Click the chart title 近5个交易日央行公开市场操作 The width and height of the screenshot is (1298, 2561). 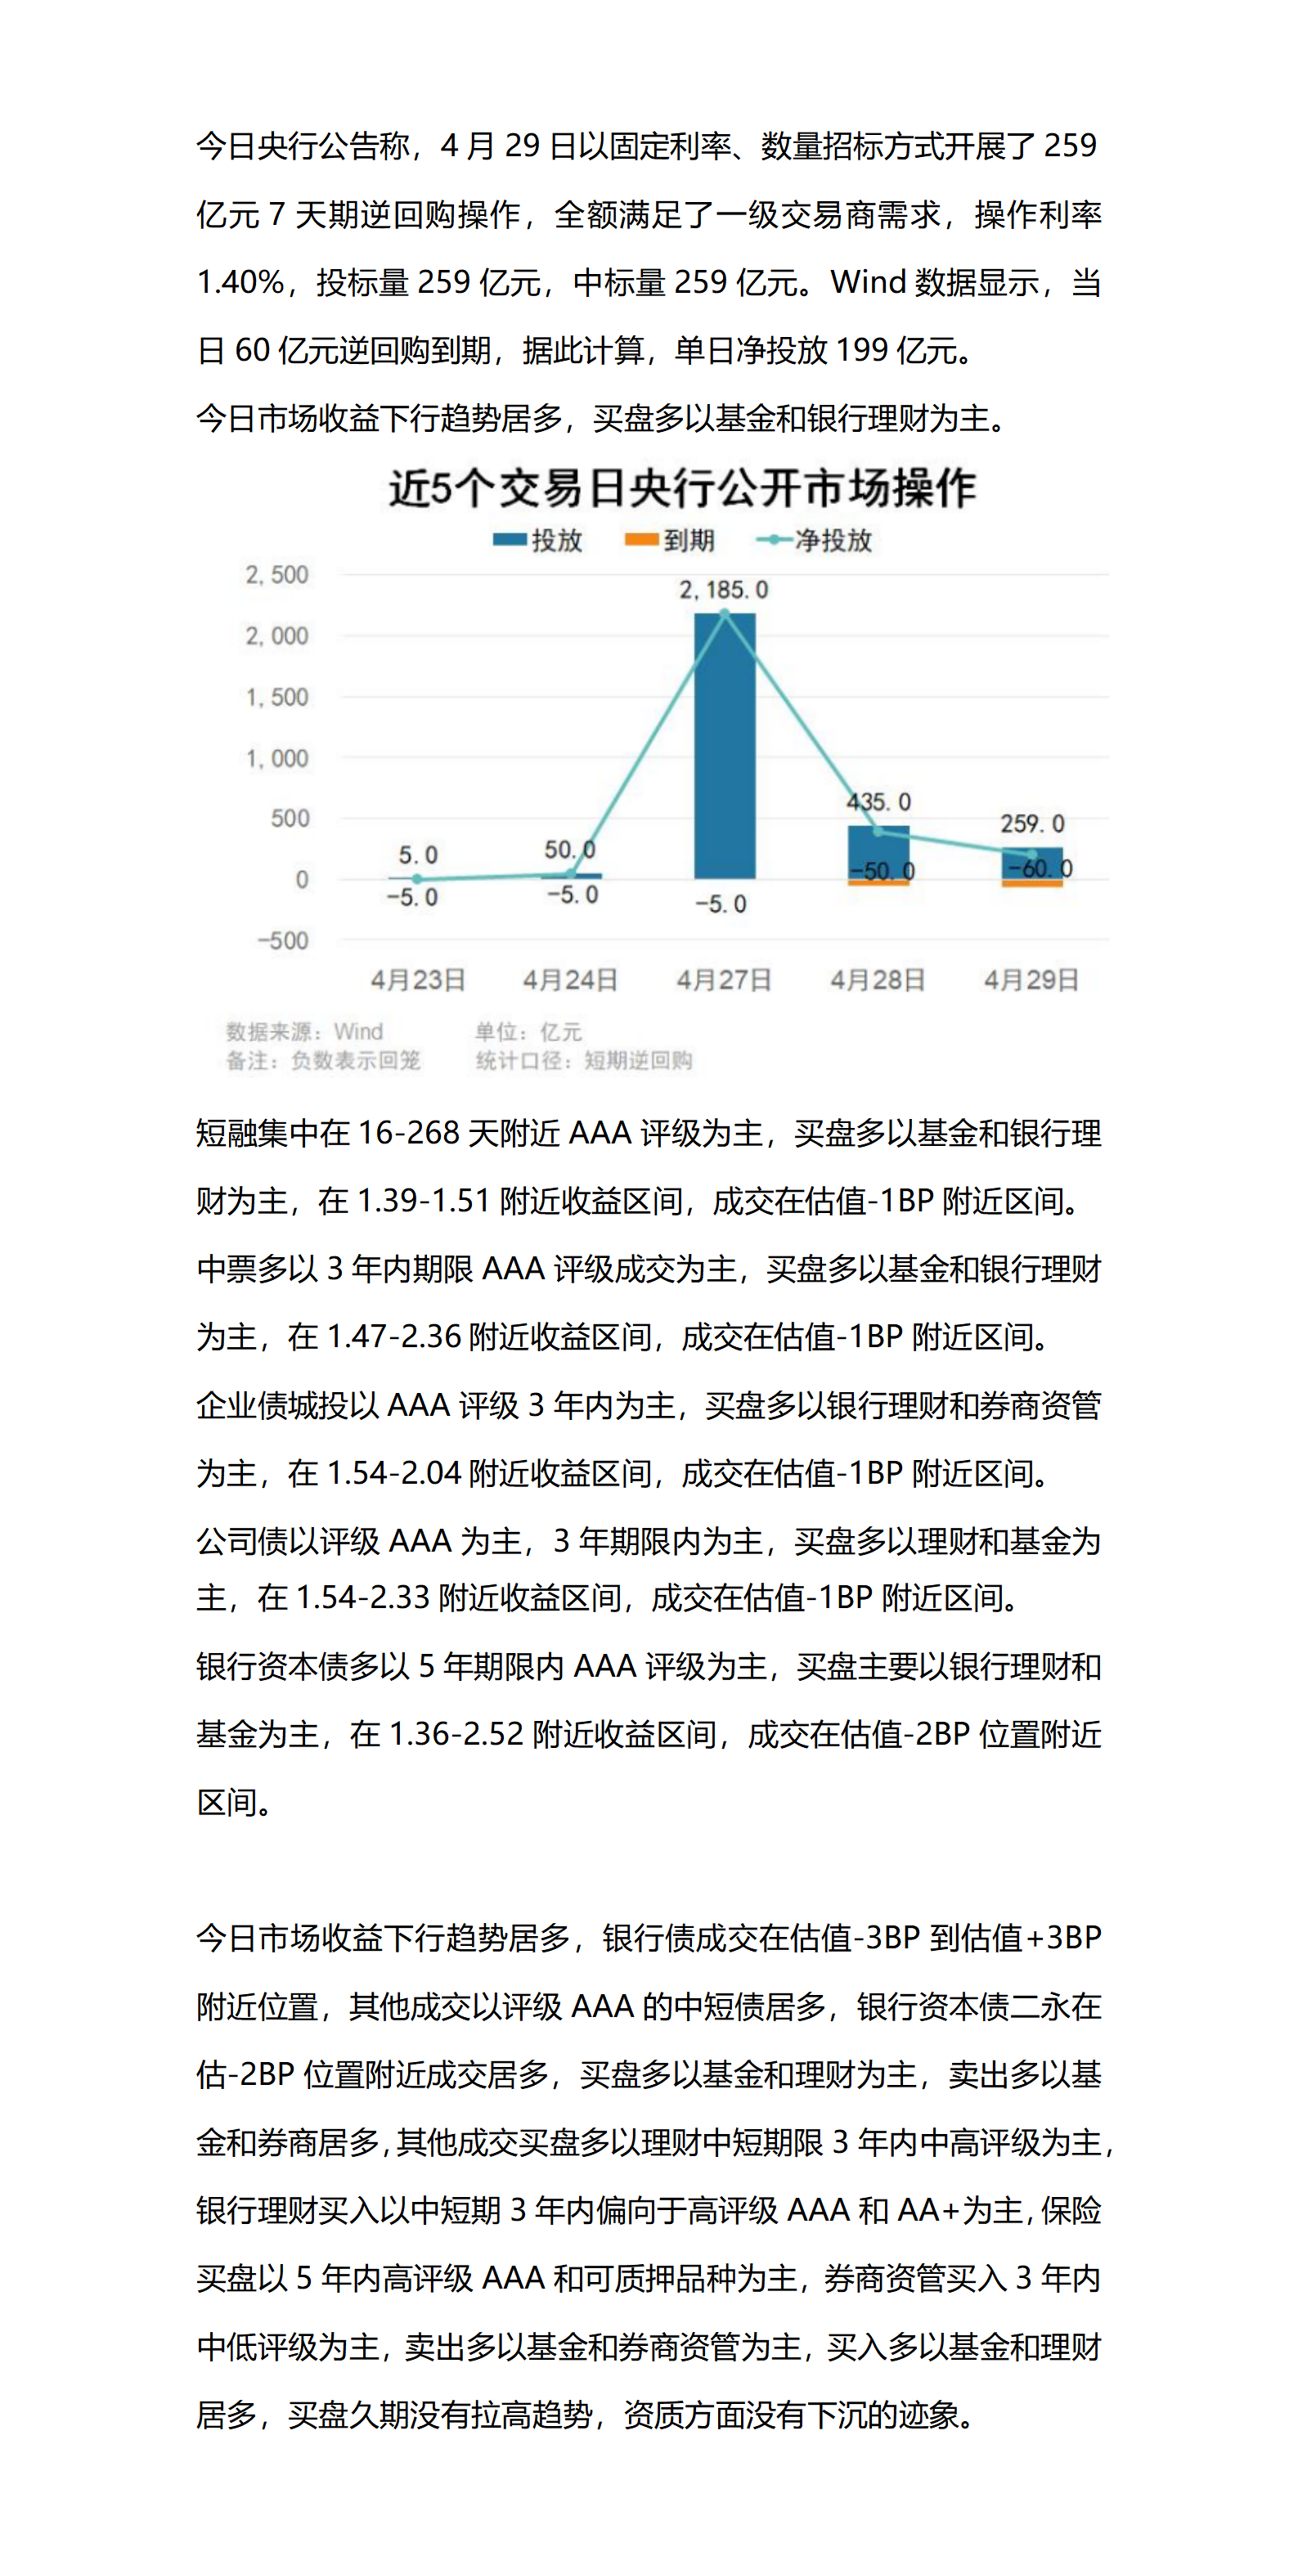pos(682,488)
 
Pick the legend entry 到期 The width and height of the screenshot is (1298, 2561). pos(670,540)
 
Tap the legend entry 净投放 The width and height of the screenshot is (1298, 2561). pos(814,540)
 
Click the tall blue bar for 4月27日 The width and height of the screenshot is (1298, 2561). pos(725,746)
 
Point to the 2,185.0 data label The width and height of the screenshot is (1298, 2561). pos(724,590)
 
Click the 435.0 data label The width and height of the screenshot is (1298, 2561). pos(878,802)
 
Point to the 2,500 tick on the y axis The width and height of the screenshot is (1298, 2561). pos(277,575)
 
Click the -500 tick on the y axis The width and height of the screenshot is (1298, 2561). pos(283,941)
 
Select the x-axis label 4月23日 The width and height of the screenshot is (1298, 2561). pos(417,980)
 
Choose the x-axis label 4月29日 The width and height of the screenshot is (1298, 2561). pos(1031,980)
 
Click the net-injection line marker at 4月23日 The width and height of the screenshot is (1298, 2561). pos(417,878)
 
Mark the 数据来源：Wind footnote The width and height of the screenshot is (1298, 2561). pos(304,1031)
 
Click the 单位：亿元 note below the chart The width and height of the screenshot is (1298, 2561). pos(528,1031)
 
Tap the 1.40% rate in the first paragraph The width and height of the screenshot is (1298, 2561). pos(240,282)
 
